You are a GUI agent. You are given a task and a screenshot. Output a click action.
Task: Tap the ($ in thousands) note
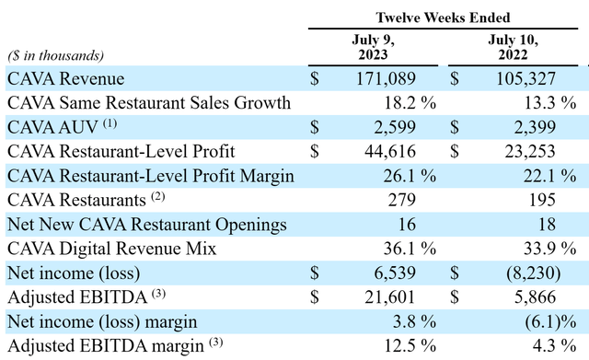[x=56, y=56]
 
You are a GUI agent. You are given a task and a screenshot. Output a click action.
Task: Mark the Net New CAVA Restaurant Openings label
[x=146, y=224]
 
